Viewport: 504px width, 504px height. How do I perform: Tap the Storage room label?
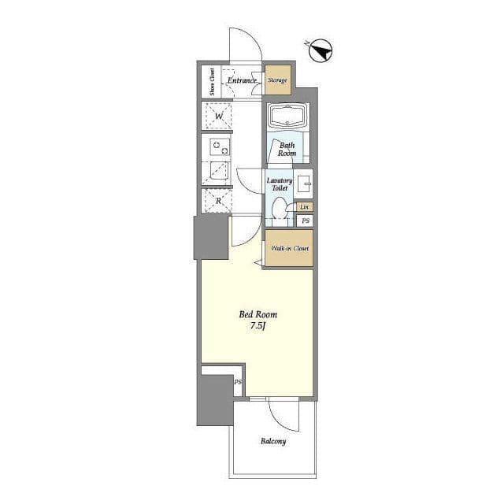pyautogui.click(x=278, y=80)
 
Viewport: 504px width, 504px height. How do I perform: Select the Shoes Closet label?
pyautogui.click(x=212, y=82)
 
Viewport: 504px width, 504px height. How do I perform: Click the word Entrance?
pyautogui.click(x=243, y=80)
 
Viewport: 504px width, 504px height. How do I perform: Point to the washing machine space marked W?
pyautogui.click(x=218, y=116)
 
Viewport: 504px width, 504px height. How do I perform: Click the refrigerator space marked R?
pyautogui.click(x=218, y=201)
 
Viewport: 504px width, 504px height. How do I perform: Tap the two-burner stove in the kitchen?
pyautogui.click(x=220, y=147)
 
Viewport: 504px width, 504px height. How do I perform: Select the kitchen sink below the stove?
pyautogui.click(x=219, y=171)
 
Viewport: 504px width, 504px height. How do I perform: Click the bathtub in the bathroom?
pyautogui.click(x=287, y=117)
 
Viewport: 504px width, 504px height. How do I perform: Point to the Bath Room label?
pyautogui.click(x=287, y=149)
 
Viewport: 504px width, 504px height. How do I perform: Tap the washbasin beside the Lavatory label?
pyautogui.click(x=303, y=184)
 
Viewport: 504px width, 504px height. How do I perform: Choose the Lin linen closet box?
pyautogui.click(x=305, y=207)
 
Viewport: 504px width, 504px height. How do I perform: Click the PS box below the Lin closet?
pyautogui.click(x=305, y=220)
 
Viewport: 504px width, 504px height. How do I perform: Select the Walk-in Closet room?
pyautogui.click(x=289, y=248)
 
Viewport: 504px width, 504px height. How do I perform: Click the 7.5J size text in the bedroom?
pyautogui.click(x=258, y=326)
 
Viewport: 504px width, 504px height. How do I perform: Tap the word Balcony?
pyautogui.click(x=273, y=441)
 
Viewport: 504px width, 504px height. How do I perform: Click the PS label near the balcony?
pyautogui.click(x=238, y=382)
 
